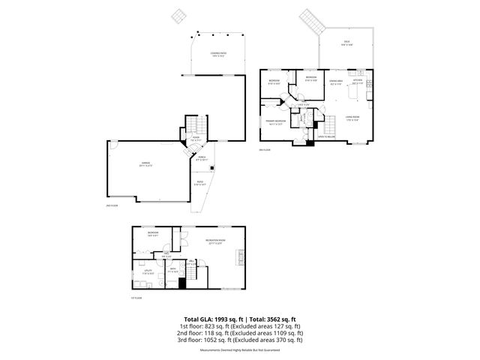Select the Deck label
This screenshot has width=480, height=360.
(x=346, y=42)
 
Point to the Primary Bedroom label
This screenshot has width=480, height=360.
(x=275, y=121)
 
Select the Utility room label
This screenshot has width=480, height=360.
(x=148, y=271)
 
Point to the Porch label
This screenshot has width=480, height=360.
(x=201, y=158)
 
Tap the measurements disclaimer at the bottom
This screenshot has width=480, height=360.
(x=239, y=349)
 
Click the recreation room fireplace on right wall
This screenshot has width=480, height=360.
(x=242, y=261)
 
